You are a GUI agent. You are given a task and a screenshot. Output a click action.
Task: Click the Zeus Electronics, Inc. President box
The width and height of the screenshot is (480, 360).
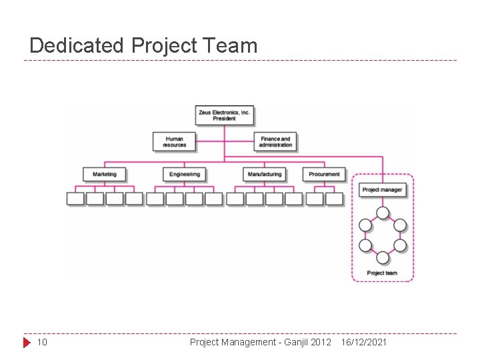point(224,115)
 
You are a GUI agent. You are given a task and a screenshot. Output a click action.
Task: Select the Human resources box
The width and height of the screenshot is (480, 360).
point(175,142)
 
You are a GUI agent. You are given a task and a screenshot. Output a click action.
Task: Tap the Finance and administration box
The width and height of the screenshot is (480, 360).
point(275,142)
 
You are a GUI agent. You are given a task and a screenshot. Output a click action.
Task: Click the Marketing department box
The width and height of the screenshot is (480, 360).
point(105,174)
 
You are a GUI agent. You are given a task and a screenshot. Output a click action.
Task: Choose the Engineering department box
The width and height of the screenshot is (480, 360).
point(185,174)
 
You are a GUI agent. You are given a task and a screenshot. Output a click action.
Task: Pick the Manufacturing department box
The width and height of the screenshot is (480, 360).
point(265,174)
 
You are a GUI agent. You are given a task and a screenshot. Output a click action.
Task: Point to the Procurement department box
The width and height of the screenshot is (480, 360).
point(324,174)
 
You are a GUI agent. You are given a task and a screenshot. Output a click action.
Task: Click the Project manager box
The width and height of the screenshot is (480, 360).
point(382,190)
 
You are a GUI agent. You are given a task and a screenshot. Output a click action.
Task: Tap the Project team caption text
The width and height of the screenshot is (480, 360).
point(382,273)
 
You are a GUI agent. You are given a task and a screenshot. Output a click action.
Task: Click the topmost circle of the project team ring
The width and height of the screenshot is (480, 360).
point(382,213)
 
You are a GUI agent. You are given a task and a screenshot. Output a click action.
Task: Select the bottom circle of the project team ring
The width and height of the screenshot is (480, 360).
point(382,257)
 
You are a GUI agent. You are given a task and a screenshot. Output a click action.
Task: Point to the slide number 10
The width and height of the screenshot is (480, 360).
point(41,343)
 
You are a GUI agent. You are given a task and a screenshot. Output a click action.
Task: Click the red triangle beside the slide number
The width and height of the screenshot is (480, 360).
point(27,343)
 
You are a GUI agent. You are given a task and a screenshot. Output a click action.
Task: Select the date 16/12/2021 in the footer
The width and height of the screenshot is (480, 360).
point(363,343)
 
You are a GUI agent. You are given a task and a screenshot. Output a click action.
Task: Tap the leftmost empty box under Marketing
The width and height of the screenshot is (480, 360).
point(75,198)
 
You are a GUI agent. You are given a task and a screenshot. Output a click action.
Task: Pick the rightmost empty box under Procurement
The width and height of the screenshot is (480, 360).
point(334,198)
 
